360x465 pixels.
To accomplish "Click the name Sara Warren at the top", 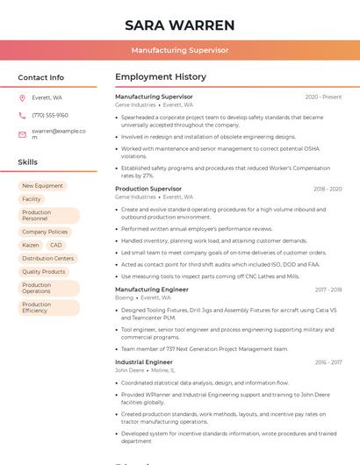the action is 180,25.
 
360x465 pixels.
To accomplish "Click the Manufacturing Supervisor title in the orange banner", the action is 180,50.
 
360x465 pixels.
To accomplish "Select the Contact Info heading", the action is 41,77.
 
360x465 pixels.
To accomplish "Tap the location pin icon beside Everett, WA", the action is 22,97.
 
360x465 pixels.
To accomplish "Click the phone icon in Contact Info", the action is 22,115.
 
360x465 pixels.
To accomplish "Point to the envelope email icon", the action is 22,133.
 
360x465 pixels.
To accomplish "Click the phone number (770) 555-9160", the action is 50,115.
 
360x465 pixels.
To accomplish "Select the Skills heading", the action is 28,162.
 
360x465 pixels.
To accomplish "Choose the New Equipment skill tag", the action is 42,186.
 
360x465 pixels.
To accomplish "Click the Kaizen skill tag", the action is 31,245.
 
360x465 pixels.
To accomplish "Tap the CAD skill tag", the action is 56,245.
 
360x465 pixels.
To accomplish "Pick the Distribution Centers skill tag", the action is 47,259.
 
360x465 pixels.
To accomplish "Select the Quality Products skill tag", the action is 44,272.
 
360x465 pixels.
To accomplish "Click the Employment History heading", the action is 161,77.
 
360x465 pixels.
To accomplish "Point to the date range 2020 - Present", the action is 323,97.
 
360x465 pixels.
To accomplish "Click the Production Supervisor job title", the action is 148,189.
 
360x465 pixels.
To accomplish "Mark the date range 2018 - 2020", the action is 328,189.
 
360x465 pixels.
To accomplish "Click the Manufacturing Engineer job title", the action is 152,290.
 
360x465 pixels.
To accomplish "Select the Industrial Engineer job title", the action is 144,361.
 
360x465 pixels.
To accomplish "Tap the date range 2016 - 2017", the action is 328,361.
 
